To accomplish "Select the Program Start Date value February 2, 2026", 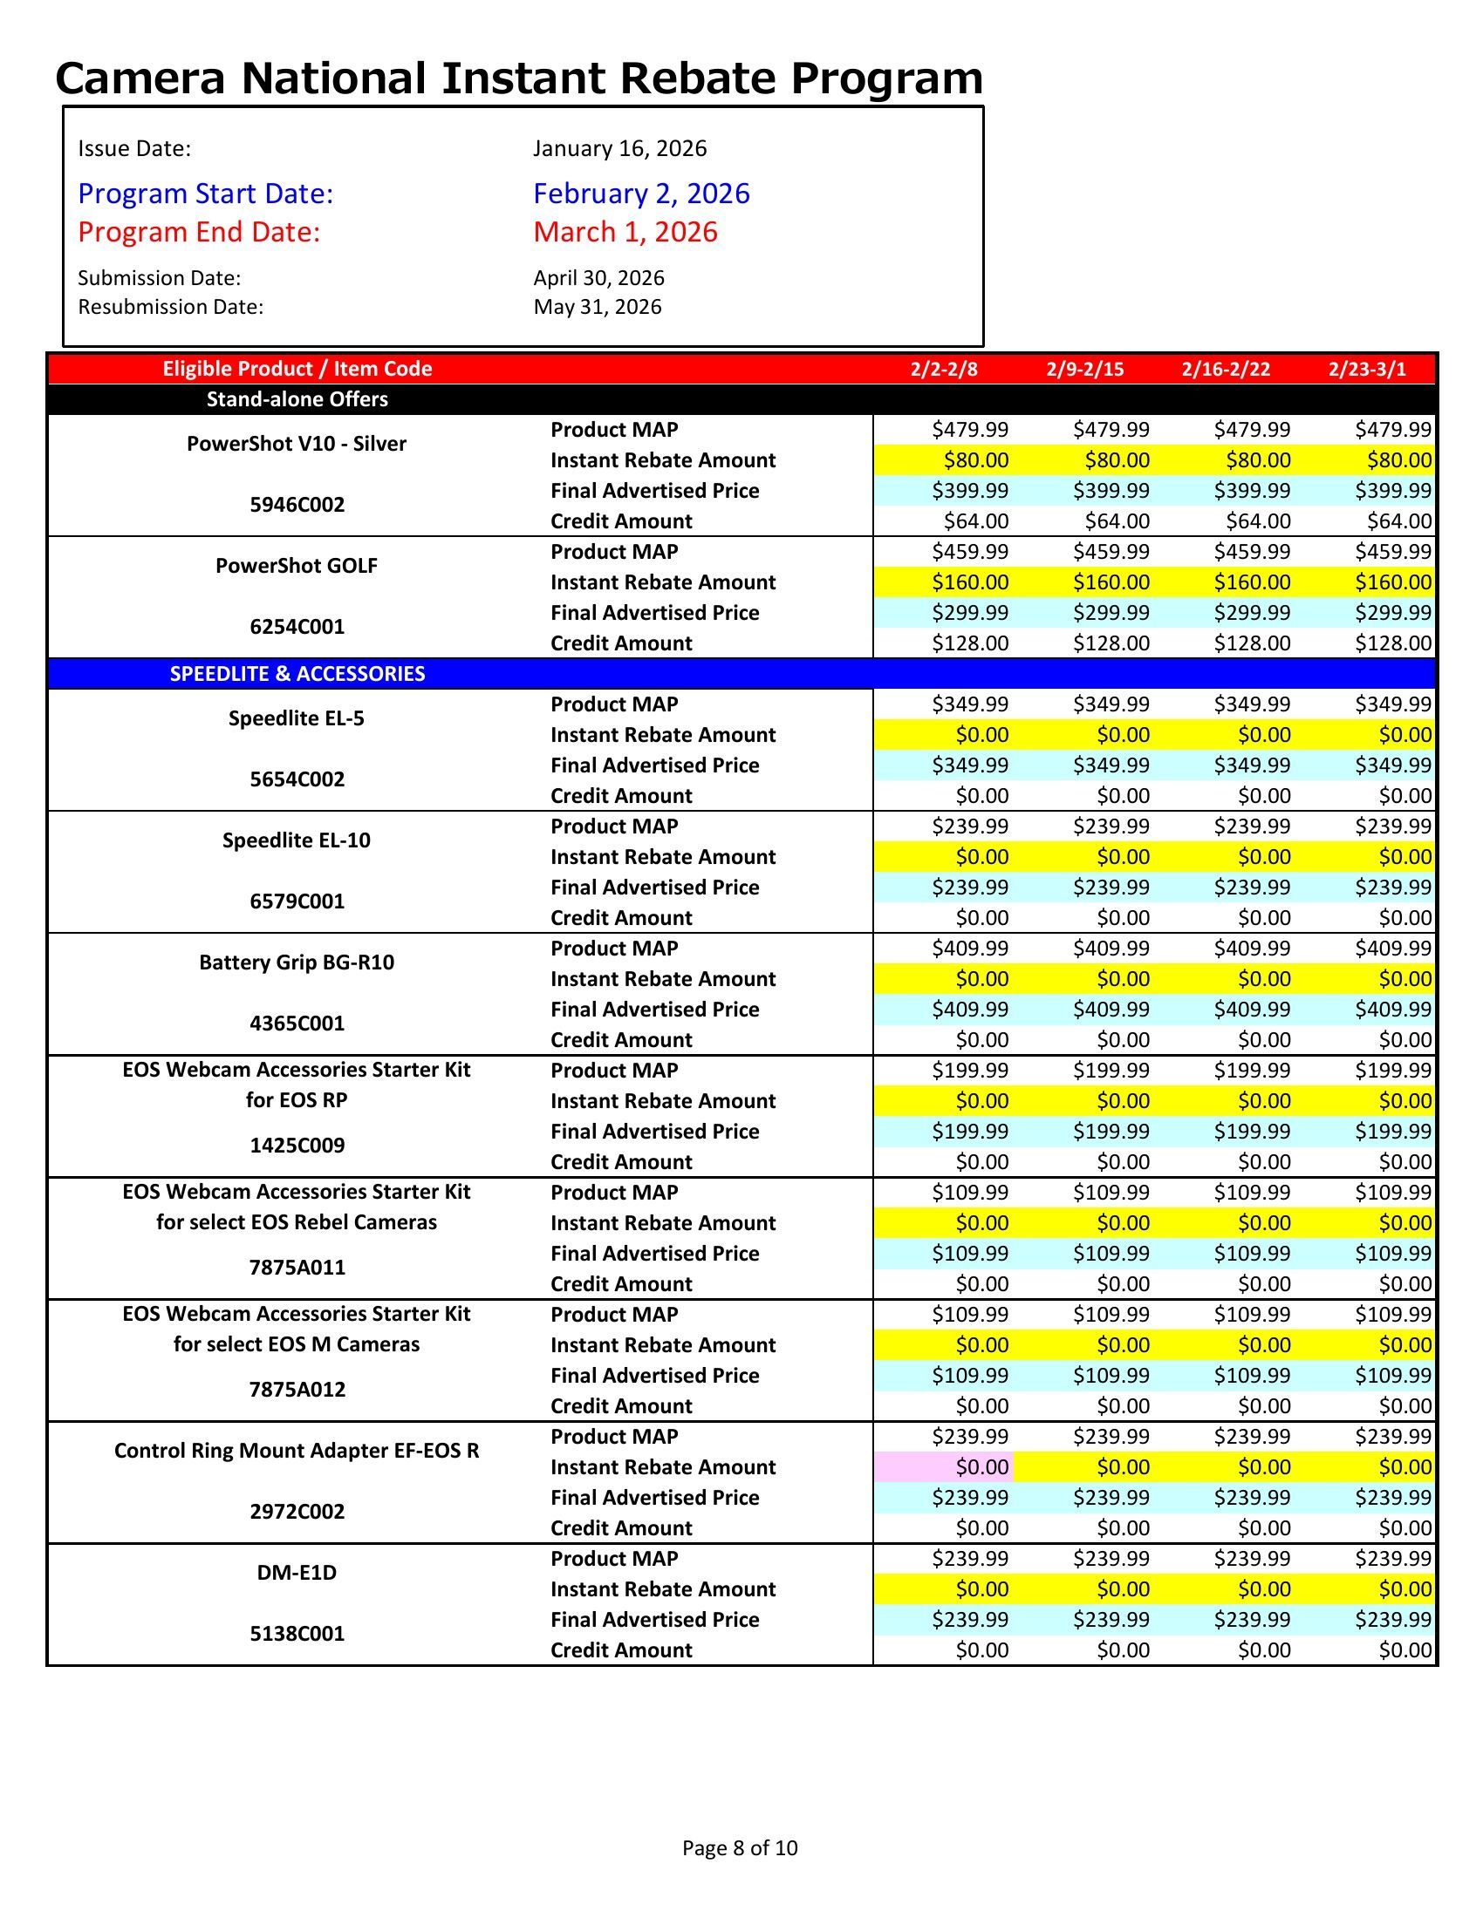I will coord(641,194).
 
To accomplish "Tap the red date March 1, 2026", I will coord(625,232).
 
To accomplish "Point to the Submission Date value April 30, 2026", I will coord(598,278).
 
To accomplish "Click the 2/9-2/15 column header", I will coord(1084,369).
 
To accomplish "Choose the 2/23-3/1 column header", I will coord(1366,369).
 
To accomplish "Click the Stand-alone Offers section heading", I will coord(297,399).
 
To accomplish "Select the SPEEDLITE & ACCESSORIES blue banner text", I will coord(297,674).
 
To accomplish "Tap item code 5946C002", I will coord(297,505).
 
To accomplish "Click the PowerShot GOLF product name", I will coord(297,566).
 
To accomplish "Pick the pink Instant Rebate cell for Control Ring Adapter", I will coord(944,1466).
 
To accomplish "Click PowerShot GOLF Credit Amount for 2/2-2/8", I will coord(970,643).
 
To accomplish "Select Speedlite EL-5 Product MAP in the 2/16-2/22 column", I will coord(1252,704).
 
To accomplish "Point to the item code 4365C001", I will coord(297,1024).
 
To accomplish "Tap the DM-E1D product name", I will coord(297,1572).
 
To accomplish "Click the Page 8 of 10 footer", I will coord(740,1847).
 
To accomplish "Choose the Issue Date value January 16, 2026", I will coord(619,148).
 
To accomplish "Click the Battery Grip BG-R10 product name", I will coord(297,962).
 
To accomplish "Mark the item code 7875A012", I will coord(297,1390).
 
